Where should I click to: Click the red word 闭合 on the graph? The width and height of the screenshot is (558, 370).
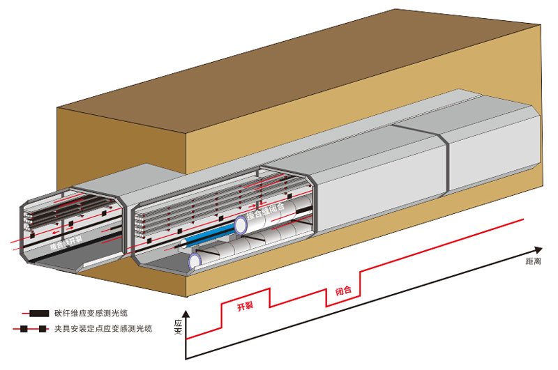point(342,291)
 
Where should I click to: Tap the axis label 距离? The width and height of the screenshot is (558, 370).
point(534,261)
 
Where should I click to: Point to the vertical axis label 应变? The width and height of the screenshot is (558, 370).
point(177,327)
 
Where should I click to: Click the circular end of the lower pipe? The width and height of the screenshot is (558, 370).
point(195,261)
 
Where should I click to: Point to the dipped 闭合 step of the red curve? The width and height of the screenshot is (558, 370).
point(342,301)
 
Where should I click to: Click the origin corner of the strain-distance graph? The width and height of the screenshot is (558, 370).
point(186,359)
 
